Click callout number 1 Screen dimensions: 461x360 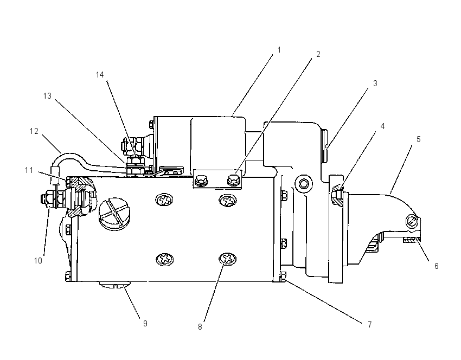click(x=279, y=50)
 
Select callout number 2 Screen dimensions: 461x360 click(x=318, y=54)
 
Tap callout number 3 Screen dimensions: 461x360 click(x=375, y=83)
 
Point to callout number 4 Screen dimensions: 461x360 click(x=382, y=126)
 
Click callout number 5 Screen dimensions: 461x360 click(x=418, y=139)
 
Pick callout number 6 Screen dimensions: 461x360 click(x=436, y=266)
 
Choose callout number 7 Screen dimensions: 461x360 click(x=369, y=324)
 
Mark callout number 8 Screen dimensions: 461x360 click(x=200, y=327)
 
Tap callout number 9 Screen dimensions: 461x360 click(x=145, y=324)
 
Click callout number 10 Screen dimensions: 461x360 click(x=38, y=261)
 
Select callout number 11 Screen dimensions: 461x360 click(x=29, y=170)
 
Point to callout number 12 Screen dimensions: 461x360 click(x=34, y=131)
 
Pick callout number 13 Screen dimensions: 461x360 click(x=47, y=96)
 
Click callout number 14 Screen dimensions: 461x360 click(x=100, y=75)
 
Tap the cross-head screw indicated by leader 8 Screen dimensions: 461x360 click(x=227, y=259)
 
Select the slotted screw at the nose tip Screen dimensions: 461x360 click(x=412, y=221)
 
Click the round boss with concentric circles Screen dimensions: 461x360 click(x=304, y=184)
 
